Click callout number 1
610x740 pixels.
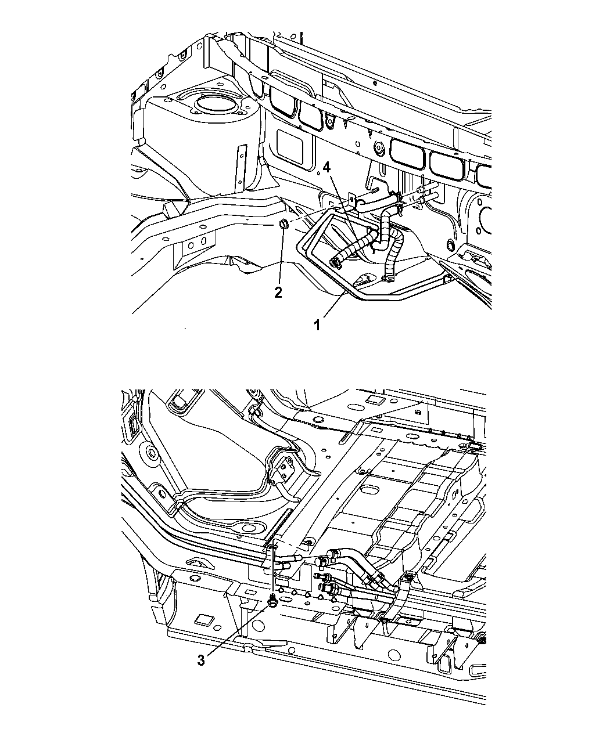tap(317, 324)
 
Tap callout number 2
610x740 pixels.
tap(278, 293)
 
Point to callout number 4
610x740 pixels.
tap(326, 167)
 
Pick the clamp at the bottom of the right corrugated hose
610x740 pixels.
tap(389, 280)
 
